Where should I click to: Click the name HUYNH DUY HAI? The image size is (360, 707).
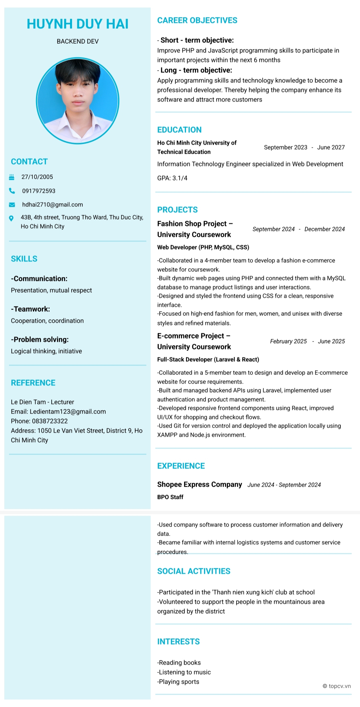[x=77, y=24]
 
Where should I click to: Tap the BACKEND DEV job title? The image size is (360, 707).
[x=77, y=41]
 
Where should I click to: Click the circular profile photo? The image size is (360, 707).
[x=77, y=101]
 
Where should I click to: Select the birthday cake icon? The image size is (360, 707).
[x=12, y=177]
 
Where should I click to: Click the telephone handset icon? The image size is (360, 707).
[x=12, y=191]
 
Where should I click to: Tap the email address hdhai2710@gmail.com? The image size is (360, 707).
[x=52, y=204]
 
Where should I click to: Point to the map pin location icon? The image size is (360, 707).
[x=11, y=218]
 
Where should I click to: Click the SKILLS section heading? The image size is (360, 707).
[x=24, y=259]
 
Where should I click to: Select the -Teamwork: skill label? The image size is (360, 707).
[x=30, y=309]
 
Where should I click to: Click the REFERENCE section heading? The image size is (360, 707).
[x=33, y=383]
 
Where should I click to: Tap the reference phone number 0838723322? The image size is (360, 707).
[x=50, y=421]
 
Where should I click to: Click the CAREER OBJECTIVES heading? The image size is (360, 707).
[x=197, y=20]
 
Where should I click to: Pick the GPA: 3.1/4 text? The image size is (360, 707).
[x=172, y=178]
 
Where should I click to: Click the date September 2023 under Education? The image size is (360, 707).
[x=285, y=147]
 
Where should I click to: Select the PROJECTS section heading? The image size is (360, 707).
[x=177, y=210]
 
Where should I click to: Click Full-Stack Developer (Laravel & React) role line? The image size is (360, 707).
[x=208, y=360]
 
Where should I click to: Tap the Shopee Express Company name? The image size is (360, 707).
[x=199, y=485]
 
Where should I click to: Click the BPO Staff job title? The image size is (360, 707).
[x=170, y=497]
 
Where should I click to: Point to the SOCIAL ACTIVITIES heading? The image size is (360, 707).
[x=194, y=571]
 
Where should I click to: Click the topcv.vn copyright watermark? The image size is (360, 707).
[x=337, y=686]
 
